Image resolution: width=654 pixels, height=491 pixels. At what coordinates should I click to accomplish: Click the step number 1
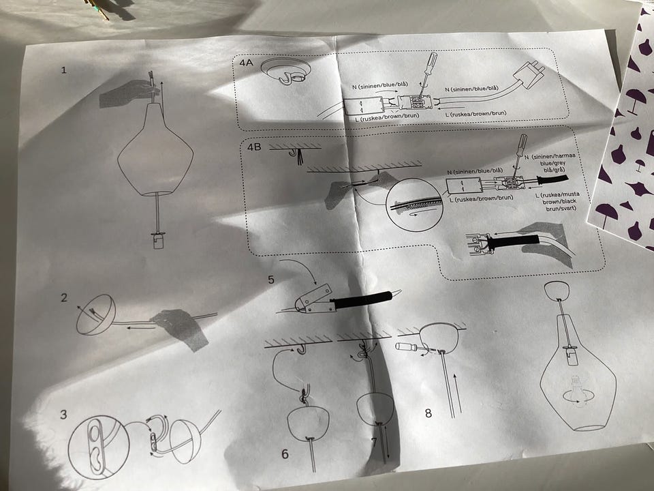(63, 70)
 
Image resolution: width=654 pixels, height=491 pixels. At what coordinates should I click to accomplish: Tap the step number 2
(64, 297)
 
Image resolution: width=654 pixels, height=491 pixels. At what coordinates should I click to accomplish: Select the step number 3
(63, 414)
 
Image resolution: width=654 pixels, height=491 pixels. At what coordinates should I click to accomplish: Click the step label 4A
(247, 63)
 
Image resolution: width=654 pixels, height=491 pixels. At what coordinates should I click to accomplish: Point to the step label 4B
(254, 147)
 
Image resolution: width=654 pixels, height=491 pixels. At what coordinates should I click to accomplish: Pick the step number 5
(271, 280)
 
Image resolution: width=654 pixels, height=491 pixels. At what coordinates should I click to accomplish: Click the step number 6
(285, 454)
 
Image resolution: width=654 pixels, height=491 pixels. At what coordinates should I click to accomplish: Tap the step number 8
(429, 413)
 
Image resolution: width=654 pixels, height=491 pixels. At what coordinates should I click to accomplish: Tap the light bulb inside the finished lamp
(576, 389)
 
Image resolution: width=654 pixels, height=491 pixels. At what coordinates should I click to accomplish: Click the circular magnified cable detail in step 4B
(414, 205)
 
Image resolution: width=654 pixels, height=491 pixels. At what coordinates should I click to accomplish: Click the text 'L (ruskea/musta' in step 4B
(557, 194)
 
